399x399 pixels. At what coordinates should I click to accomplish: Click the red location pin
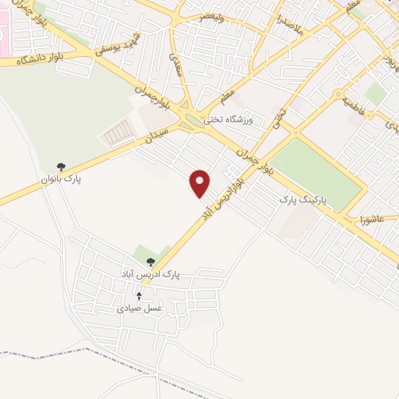tap(201, 182)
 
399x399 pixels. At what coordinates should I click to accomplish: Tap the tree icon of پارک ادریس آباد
tap(150, 263)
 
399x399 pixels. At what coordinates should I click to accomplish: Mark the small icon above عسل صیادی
tap(139, 296)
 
